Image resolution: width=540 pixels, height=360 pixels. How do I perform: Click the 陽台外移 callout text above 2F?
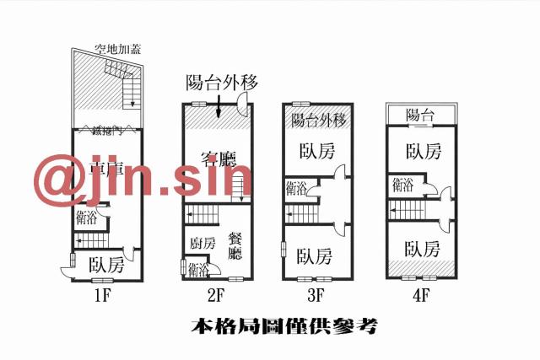(221, 82)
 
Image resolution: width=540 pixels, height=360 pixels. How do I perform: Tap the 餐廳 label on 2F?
(235, 244)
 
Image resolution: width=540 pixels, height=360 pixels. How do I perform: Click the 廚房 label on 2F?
(202, 243)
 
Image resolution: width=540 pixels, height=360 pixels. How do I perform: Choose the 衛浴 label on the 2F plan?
(199, 270)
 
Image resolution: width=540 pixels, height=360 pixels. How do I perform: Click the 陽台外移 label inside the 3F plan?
(319, 120)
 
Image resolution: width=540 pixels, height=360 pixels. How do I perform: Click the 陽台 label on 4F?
(419, 115)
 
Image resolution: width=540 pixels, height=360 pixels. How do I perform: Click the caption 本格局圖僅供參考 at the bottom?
(283, 325)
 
